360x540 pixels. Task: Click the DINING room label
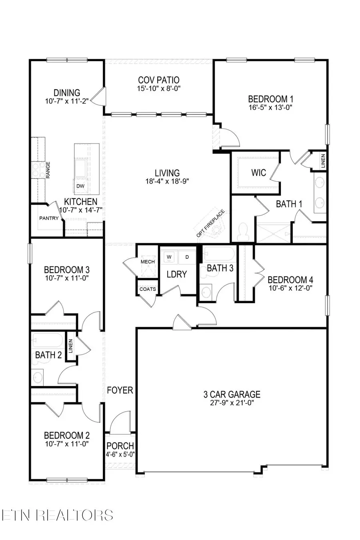click(x=67, y=93)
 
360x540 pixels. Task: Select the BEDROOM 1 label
click(x=268, y=99)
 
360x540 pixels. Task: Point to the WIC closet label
click(x=258, y=173)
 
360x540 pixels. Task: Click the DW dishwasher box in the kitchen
click(x=80, y=186)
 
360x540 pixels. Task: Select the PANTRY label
click(x=49, y=218)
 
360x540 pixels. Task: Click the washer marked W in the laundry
click(x=169, y=257)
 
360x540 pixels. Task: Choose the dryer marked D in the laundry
click(x=186, y=257)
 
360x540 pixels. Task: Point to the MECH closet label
click(x=147, y=262)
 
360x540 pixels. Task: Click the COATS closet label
click(x=148, y=289)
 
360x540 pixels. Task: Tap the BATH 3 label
click(x=220, y=268)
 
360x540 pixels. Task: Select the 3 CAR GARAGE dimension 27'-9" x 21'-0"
click(x=232, y=403)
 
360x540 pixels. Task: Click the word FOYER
click(x=120, y=390)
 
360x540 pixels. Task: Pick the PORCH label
click(x=120, y=446)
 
